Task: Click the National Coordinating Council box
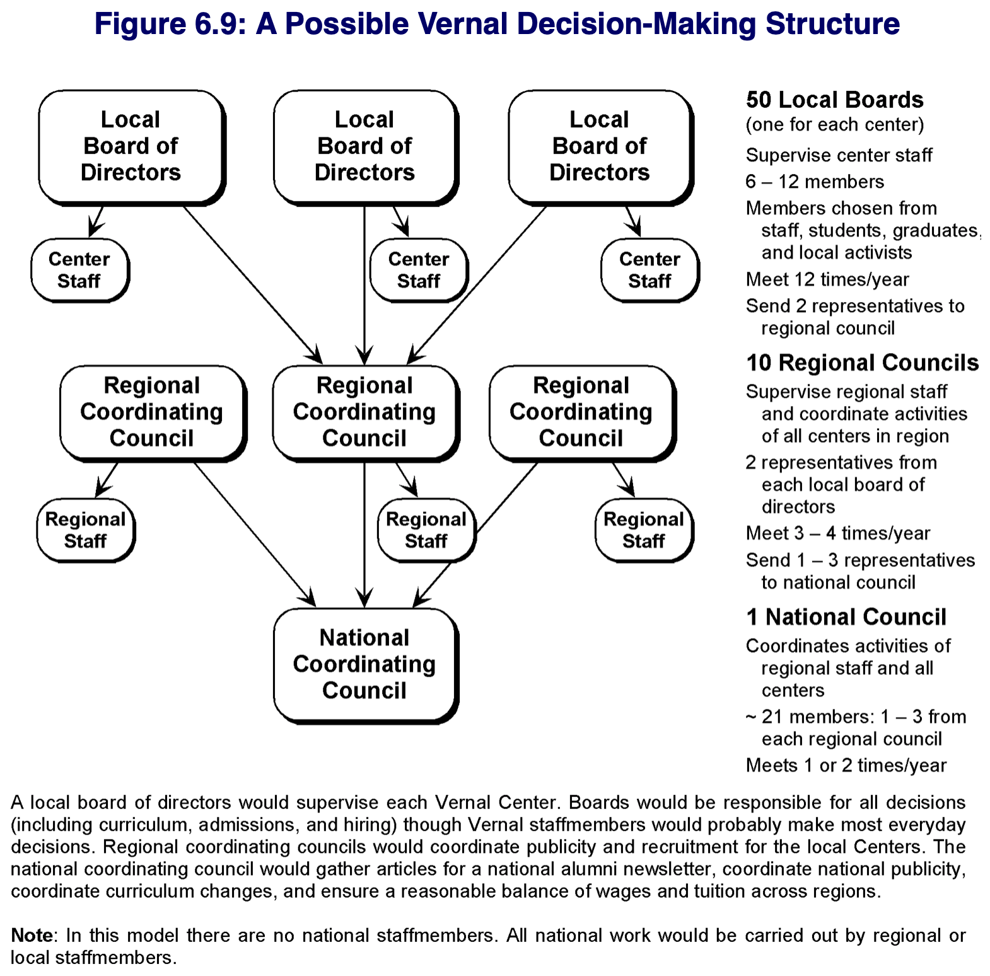pyautogui.click(x=366, y=665)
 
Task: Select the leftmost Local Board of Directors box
pyautogui.click(x=132, y=147)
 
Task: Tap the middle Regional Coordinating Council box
pyautogui.click(x=366, y=413)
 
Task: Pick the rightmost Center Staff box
pyautogui.click(x=650, y=270)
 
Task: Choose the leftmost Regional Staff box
pyautogui.click(x=86, y=530)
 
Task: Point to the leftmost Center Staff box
pyautogui.click(x=80, y=270)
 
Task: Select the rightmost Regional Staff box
pyautogui.click(x=644, y=530)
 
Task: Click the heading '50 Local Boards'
pyautogui.click(x=834, y=100)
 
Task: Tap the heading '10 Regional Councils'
pyautogui.click(x=862, y=363)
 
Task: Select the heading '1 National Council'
pyautogui.click(x=846, y=617)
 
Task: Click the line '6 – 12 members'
pyautogui.click(x=815, y=182)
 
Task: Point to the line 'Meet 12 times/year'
pyautogui.click(x=827, y=279)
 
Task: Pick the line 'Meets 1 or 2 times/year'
pyautogui.click(x=846, y=765)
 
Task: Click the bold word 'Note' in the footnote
pyautogui.click(x=32, y=935)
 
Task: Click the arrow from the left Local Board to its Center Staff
pyautogui.click(x=96, y=221)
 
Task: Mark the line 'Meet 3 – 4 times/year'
pyautogui.click(x=838, y=533)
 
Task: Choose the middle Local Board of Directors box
pyautogui.click(x=366, y=147)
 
